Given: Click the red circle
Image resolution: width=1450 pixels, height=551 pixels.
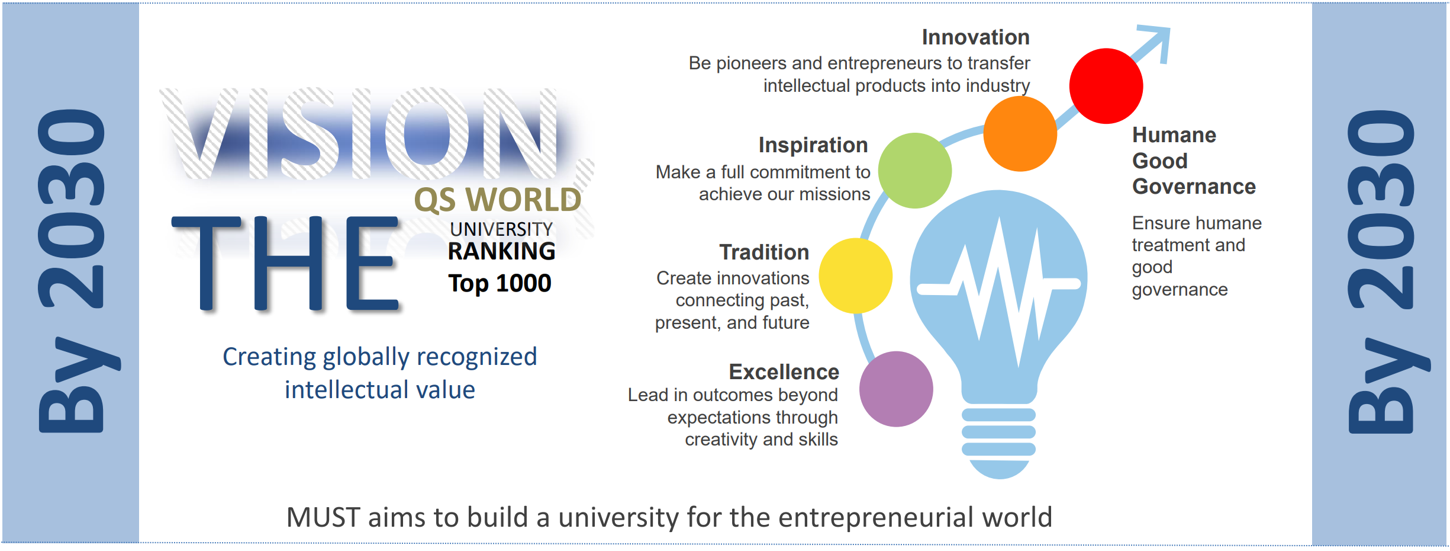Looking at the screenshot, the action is (1106, 86).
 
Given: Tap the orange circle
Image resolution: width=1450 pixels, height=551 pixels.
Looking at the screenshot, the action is (1020, 134).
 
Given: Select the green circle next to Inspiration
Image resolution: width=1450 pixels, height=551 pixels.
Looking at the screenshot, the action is (914, 171).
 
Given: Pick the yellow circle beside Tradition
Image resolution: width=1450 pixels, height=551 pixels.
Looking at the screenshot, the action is (855, 275).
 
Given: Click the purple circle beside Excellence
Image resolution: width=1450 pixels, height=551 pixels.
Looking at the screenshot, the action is (896, 389).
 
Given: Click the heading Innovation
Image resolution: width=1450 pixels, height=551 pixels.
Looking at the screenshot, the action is (975, 37).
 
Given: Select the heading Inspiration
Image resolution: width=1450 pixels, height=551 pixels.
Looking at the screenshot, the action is (813, 145).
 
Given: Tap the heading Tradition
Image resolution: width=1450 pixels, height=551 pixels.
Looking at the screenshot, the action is (764, 252).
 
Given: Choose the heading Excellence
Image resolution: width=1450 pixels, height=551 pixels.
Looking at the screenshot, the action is (784, 372).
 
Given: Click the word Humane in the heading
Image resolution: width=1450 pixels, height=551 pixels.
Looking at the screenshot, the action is (1174, 135).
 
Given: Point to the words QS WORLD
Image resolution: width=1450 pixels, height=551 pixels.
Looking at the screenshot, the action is (498, 200).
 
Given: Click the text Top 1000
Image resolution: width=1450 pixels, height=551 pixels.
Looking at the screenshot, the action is (500, 283).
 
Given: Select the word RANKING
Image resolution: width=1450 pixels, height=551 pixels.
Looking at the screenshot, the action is (501, 251).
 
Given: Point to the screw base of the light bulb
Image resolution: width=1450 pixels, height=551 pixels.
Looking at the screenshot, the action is (998, 441).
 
